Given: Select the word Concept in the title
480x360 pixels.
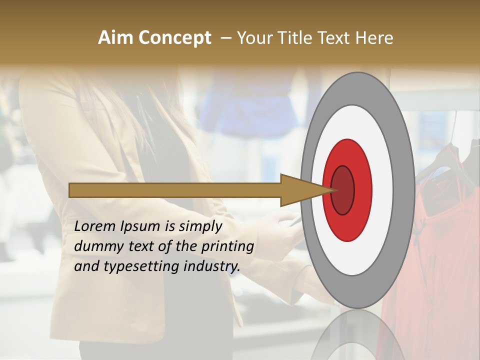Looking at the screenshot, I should (x=174, y=38).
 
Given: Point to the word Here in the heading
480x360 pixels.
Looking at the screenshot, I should (x=374, y=38).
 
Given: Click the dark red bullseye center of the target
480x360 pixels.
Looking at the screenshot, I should (x=342, y=190).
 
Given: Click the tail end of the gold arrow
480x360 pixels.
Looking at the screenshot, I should (x=71, y=190).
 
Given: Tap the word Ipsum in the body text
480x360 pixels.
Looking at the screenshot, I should (x=140, y=227).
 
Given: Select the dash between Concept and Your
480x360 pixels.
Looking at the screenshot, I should (x=226, y=38).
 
